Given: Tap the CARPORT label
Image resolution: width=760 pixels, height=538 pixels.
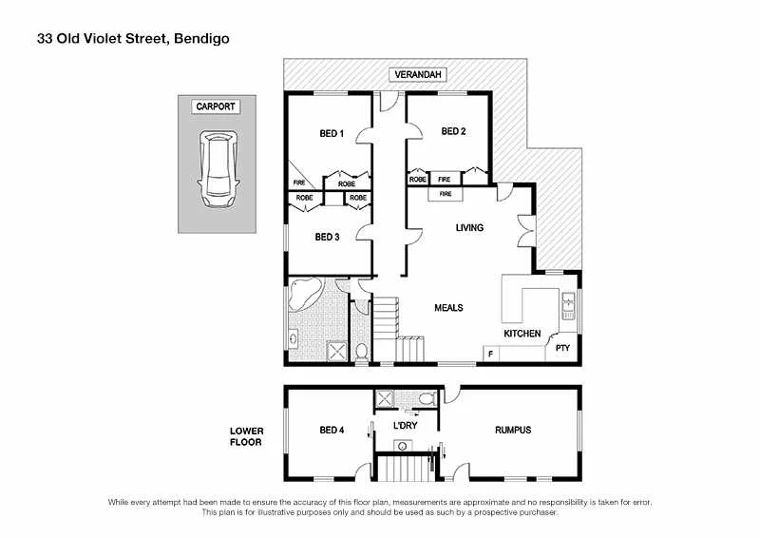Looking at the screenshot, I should click(216, 106).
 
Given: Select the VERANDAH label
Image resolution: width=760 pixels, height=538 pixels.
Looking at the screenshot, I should click(416, 75).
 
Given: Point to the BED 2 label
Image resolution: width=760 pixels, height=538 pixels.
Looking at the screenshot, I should click(453, 131).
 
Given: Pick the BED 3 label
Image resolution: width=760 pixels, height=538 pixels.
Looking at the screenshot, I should click(327, 237).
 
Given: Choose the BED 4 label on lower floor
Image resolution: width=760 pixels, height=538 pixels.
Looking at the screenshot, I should click(332, 431).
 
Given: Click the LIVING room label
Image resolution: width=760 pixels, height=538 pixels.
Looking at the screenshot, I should click(469, 228).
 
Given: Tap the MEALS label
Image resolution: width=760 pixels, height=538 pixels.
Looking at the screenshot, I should click(448, 308).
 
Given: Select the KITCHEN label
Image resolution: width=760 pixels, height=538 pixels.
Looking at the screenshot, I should click(522, 334).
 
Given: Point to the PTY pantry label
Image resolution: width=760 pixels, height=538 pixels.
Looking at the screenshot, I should click(561, 348).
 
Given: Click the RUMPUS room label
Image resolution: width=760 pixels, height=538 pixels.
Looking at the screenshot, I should click(513, 431).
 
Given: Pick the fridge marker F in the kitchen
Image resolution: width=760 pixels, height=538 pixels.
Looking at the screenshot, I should click(490, 355).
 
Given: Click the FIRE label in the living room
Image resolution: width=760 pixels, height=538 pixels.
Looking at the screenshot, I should click(445, 194).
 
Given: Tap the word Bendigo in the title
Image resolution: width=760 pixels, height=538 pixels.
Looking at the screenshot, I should click(200, 39).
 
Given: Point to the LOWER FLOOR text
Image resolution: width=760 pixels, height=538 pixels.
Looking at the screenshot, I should click(246, 436).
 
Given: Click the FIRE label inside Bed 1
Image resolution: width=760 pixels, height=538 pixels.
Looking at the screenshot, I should click(298, 183).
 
